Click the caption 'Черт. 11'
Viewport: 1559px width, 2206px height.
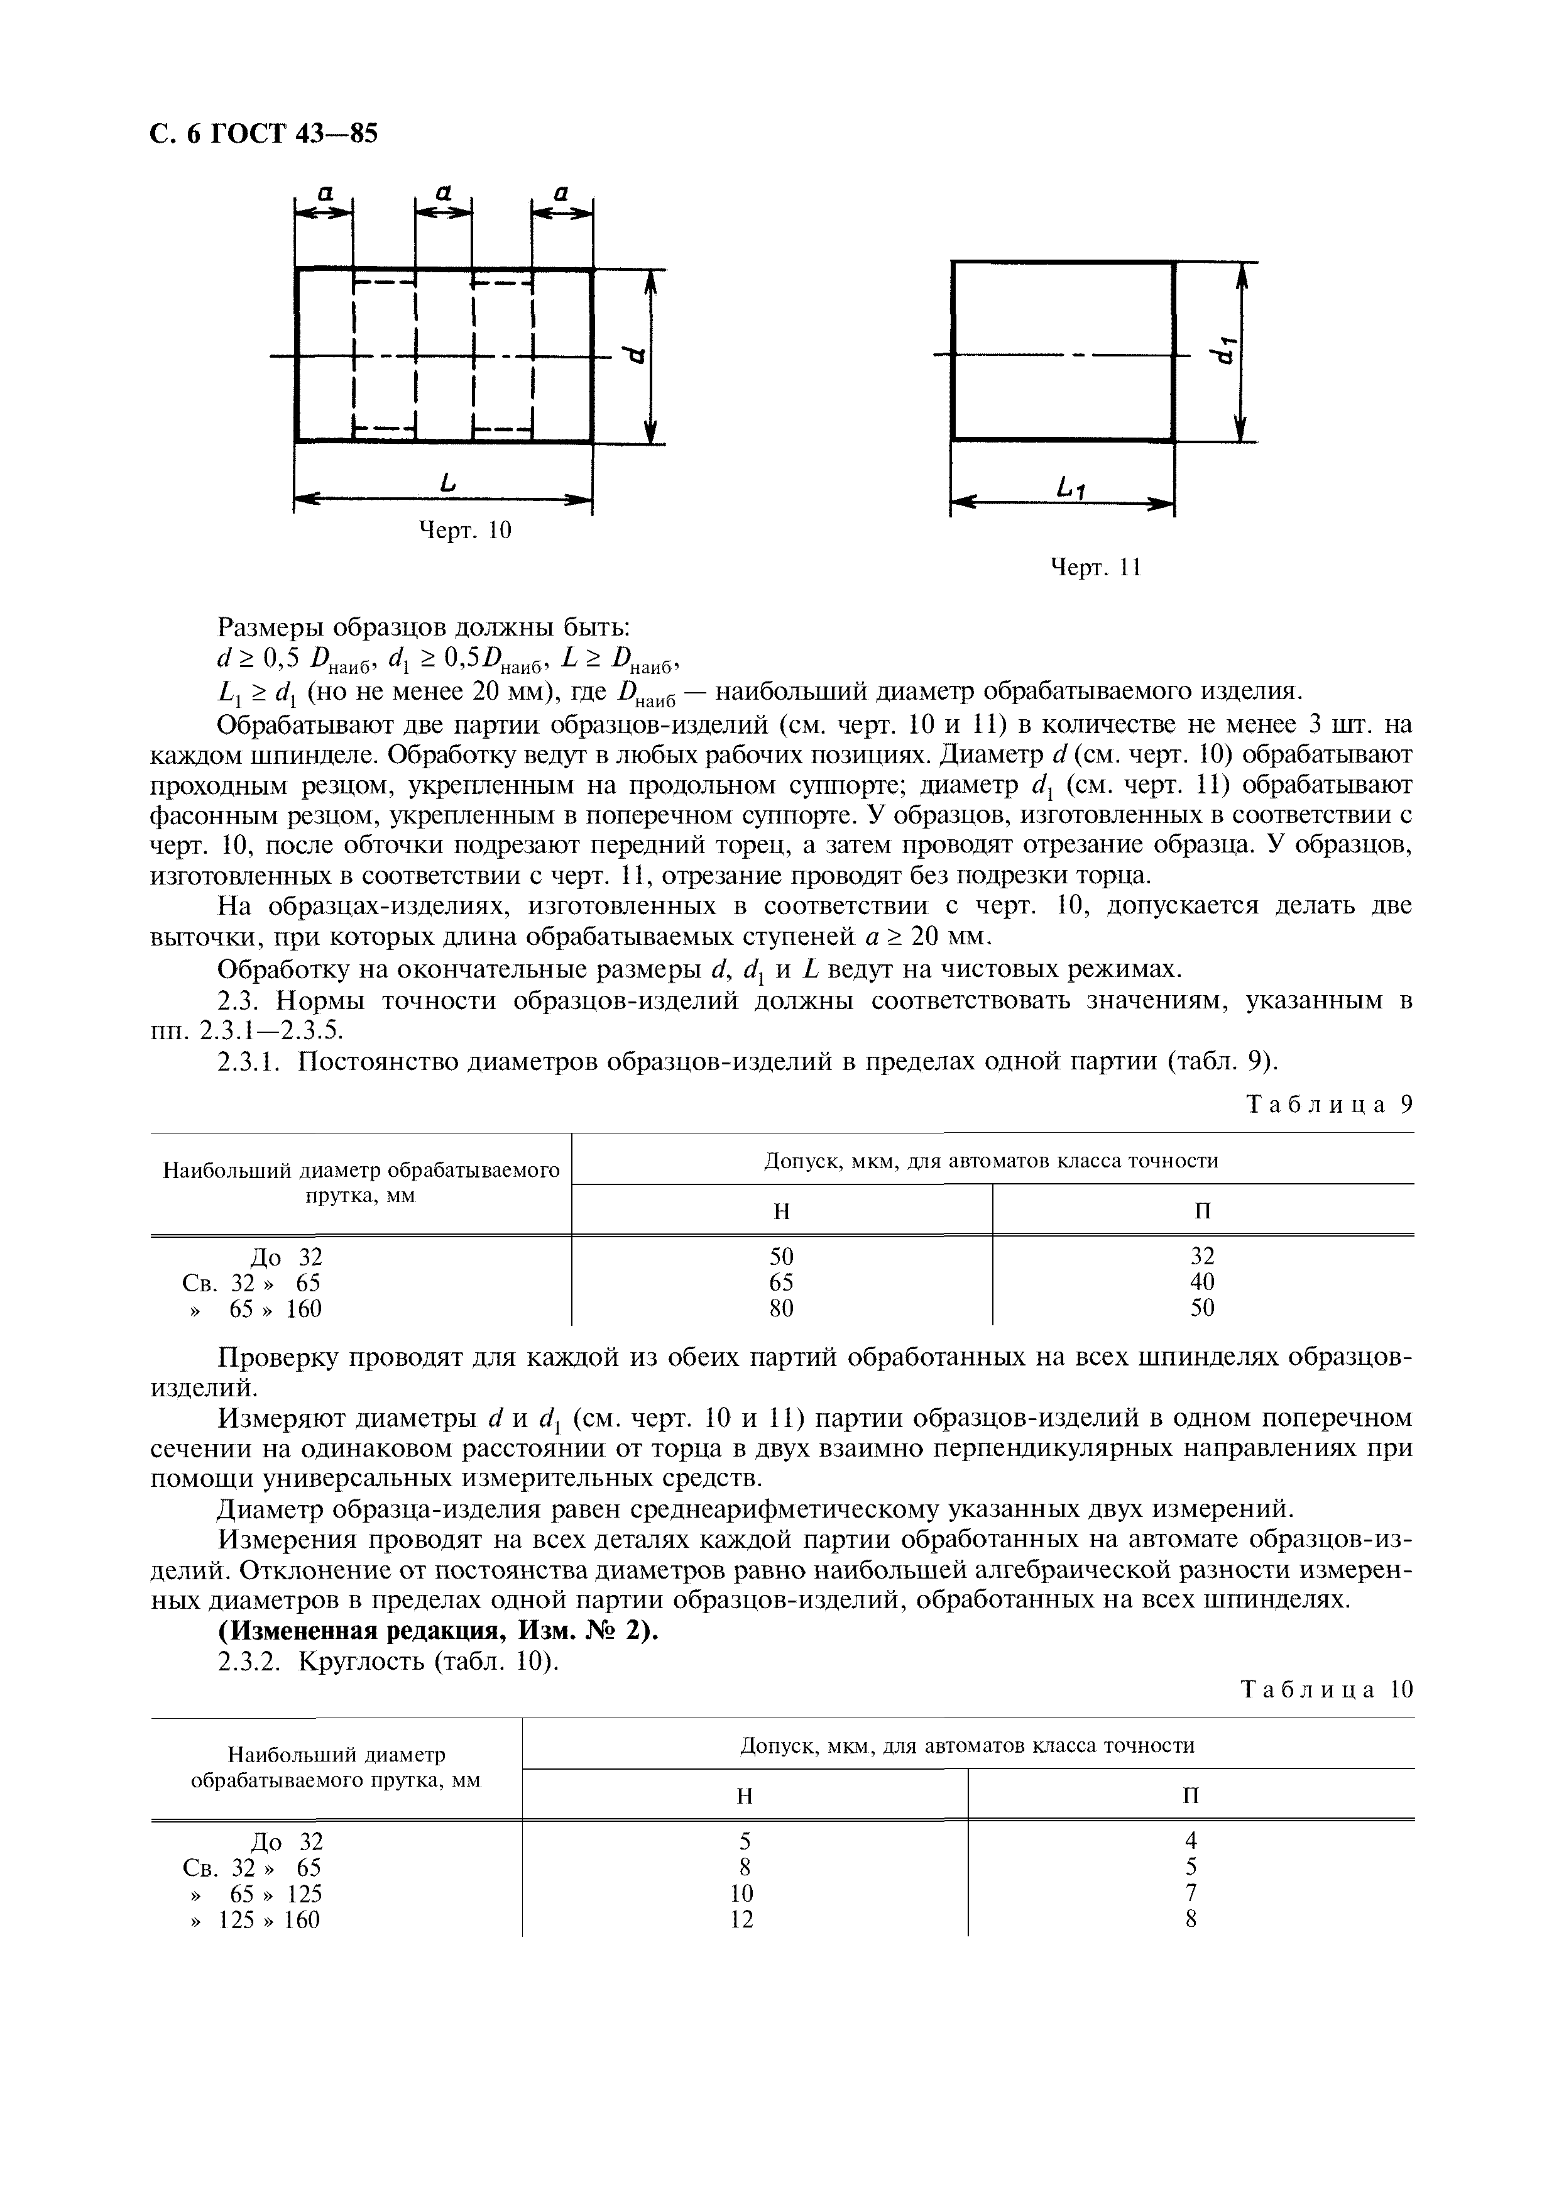pos(1095,568)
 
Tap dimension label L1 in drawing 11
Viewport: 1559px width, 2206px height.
pos(1070,490)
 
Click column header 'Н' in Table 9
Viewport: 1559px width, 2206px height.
pos(782,1211)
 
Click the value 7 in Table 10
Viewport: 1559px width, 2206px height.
pos(1191,1893)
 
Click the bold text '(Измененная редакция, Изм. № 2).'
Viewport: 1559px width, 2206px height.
pos(439,1633)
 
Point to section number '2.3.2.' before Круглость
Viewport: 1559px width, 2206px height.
pos(254,1661)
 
